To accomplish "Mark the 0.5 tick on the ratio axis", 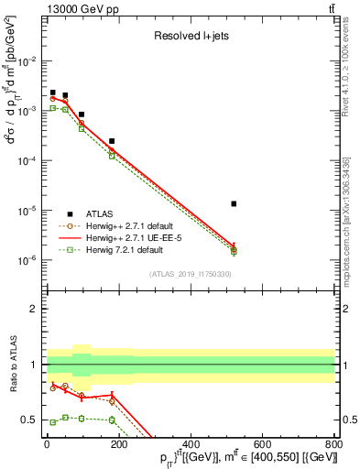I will tap(29, 420).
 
